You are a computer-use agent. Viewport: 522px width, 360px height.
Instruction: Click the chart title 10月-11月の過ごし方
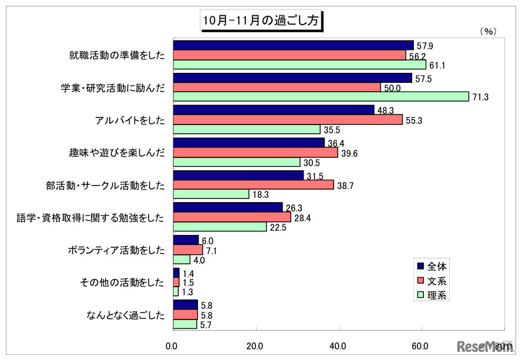[x=260, y=20]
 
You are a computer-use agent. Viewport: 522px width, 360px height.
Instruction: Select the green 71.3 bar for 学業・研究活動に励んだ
[x=321, y=96]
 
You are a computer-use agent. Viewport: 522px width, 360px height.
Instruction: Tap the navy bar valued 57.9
[x=293, y=45]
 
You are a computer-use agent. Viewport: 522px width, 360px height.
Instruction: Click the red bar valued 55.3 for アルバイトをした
[x=287, y=120]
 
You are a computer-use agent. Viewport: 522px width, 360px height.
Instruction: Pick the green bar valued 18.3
[x=211, y=194]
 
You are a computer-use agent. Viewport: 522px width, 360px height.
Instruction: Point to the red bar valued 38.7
[x=253, y=184]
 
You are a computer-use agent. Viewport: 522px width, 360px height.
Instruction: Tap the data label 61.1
[x=436, y=65]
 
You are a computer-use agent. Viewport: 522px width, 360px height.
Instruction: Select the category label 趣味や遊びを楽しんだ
[x=117, y=153]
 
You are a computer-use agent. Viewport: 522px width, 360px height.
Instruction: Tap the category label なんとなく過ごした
[x=124, y=315]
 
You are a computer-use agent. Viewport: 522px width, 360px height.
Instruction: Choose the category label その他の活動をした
[x=122, y=282]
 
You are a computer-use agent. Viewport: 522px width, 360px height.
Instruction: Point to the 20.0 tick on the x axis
[x=255, y=345]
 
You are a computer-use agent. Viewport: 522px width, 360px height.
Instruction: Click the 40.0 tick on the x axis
[x=338, y=345]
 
